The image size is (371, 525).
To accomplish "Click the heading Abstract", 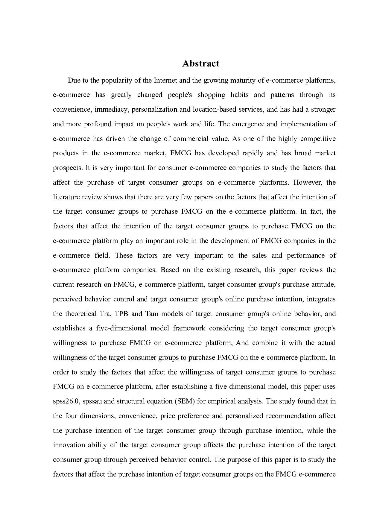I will click(200, 63).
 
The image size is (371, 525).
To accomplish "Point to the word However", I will click(307, 182).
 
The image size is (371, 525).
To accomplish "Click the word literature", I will click(66, 197).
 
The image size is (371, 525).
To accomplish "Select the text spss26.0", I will click(66, 401).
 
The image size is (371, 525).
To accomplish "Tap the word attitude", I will click(323, 284).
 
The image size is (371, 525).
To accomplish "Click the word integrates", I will click(321, 299).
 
